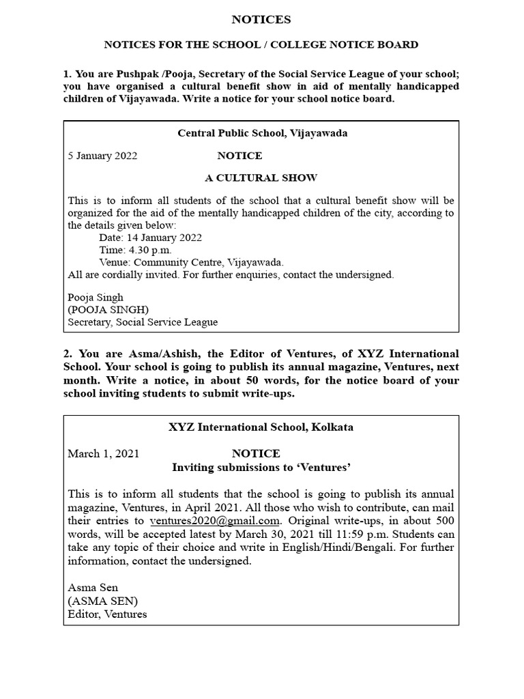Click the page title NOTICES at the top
point(261,20)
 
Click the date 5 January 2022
point(102,156)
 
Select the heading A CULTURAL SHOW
point(261,178)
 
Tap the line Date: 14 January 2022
point(150,238)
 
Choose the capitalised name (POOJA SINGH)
point(108,310)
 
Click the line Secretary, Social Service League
point(143,322)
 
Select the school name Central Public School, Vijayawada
point(263,133)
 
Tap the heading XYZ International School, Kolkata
point(261,428)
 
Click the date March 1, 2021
point(103,454)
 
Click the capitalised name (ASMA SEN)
point(102,601)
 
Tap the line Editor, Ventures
point(107,614)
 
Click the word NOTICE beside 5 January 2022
point(239,156)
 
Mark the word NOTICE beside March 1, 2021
point(256,454)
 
